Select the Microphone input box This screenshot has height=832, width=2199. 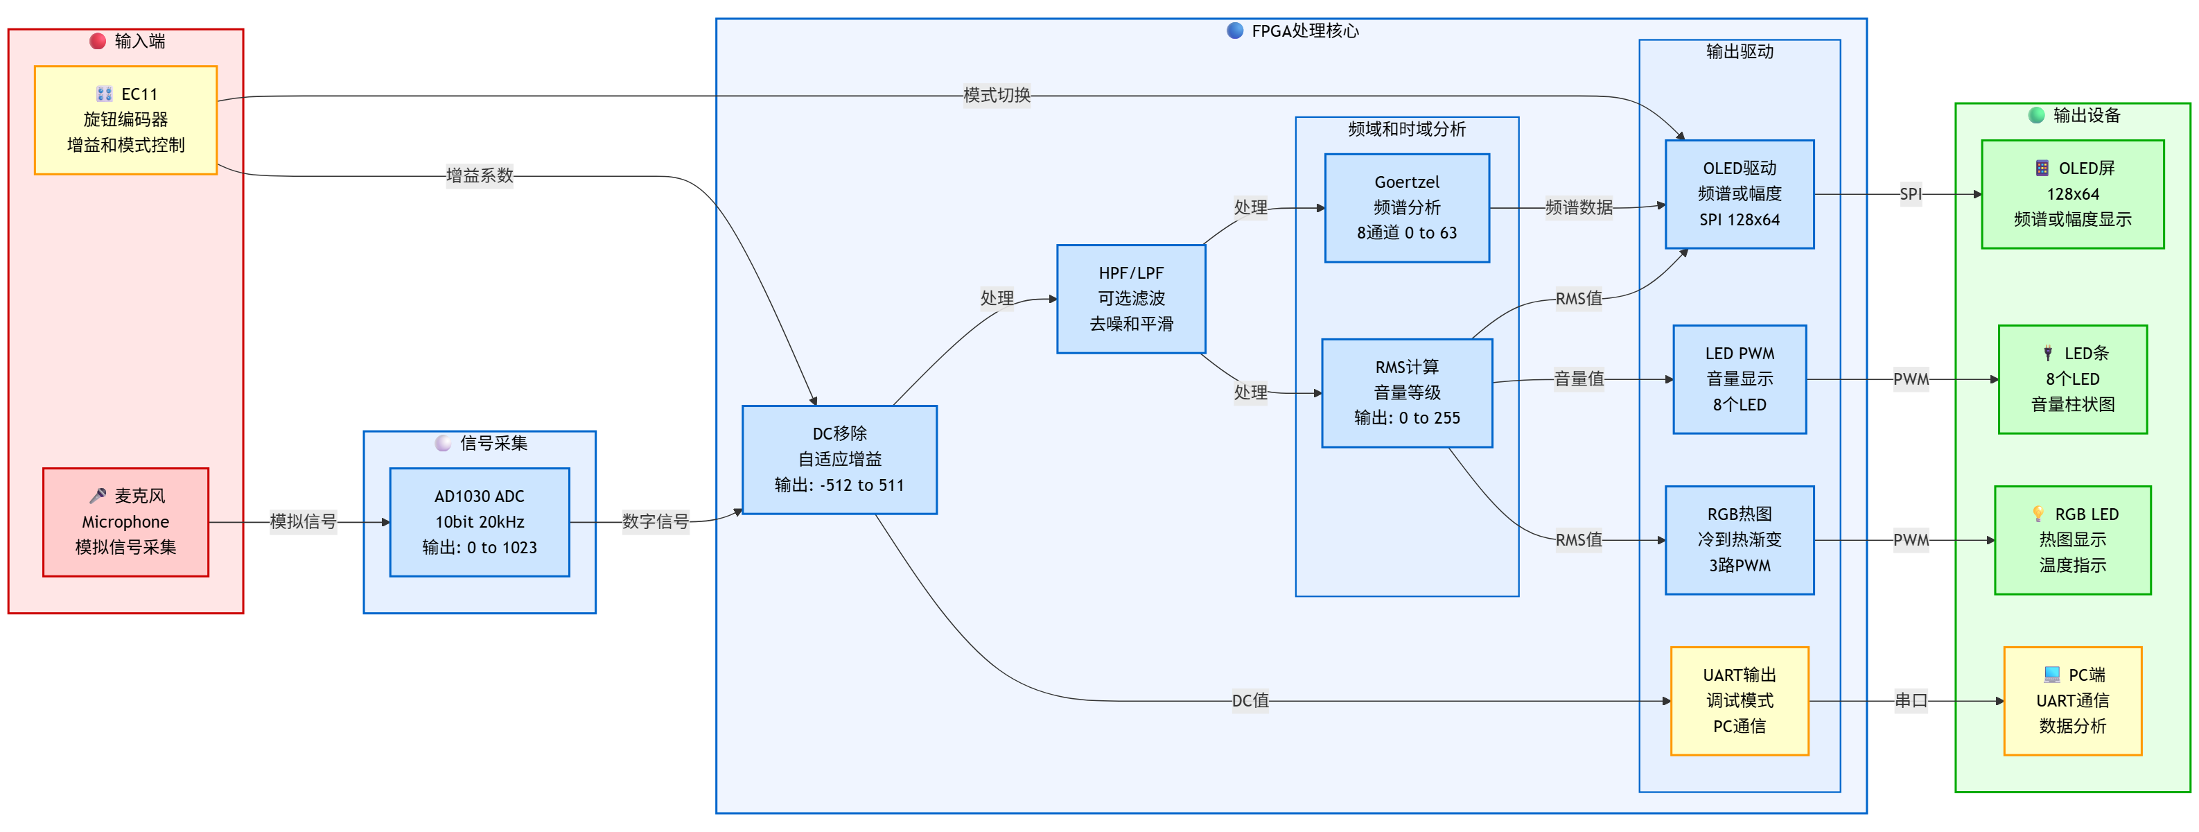[125, 522]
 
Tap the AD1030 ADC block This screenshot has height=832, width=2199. [479, 522]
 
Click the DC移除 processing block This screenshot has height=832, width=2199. [839, 460]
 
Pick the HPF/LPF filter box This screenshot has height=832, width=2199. [1130, 299]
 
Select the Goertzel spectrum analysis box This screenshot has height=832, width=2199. [1406, 207]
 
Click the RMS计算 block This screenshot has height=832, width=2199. [1406, 393]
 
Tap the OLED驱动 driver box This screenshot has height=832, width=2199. [1739, 194]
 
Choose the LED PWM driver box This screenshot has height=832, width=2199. [1739, 379]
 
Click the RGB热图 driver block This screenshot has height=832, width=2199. [1739, 540]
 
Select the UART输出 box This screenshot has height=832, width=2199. [1739, 700]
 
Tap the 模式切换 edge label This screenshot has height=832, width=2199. [996, 95]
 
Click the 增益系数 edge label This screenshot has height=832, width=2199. [480, 176]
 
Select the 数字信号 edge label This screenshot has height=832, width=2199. [655, 522]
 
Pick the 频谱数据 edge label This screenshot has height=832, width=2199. [1579, 207]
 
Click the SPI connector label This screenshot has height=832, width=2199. [1911, 194]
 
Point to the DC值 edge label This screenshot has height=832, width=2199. [1250, 700]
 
